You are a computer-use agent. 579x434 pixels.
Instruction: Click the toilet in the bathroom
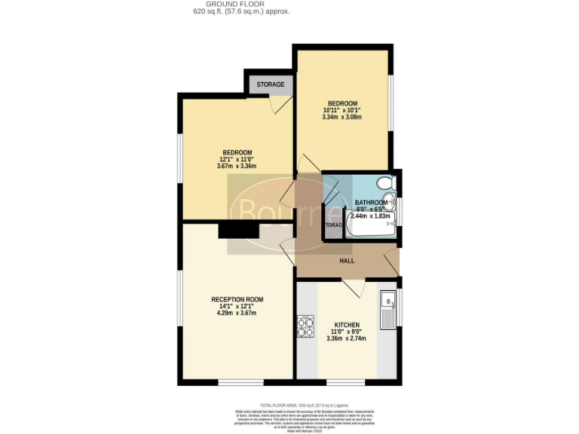(x=385, y=183)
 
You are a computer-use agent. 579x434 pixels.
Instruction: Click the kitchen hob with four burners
(x=307, y=325)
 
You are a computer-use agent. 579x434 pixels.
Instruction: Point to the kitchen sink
(x=388, y=310)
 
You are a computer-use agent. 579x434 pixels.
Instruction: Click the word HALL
(x=346, y=261)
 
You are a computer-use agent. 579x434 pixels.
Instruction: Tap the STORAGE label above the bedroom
(x=270, y=84)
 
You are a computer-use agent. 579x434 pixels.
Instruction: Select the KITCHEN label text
(x=347, y=325)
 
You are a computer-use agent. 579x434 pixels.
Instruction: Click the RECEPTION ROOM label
(x=237, y=299)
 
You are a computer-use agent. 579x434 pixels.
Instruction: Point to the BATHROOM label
(x=371, y=203)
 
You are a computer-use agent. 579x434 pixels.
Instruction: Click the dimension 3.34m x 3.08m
(x=342, y=117)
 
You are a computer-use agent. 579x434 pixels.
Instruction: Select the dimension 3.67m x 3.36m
(x=237, y=167)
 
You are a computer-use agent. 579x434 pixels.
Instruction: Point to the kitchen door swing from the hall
(x=352, y=287)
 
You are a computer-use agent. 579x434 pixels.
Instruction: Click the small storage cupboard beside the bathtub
(x=332, y=225)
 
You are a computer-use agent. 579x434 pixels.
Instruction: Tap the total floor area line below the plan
(x=305, y=405)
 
